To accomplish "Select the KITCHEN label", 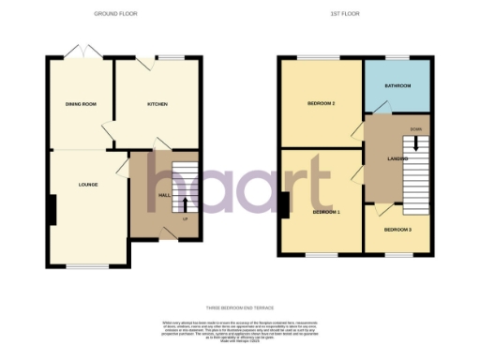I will (156, 104).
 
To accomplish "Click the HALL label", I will (164, 194).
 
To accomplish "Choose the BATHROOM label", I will (397, 86).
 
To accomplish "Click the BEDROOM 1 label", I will (324, 212).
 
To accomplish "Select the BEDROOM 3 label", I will (397, 229).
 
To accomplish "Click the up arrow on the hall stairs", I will (185, 203).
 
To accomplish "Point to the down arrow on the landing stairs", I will (415, 145).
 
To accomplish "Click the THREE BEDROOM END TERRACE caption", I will (240, 307).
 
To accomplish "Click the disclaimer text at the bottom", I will (240, 329).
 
